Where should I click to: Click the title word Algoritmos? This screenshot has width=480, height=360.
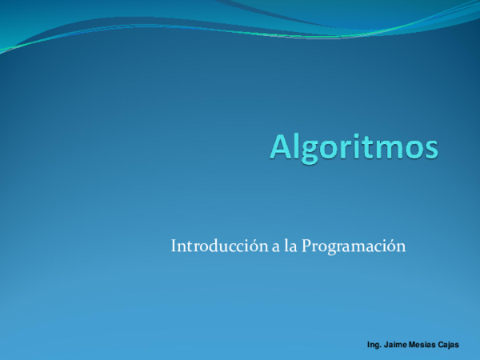tap(354, 147)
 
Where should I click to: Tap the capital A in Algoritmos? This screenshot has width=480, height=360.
tap(282, 147)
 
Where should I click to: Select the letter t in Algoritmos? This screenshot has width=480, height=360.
tap(370, 148)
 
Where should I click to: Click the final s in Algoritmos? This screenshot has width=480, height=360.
tap(430, 150)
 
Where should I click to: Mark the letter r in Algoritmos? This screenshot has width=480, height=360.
tap(346, 150)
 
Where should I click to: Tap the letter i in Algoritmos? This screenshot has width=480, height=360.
tap(358, 147)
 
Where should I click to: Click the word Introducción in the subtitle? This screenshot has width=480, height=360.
tap(218, 246)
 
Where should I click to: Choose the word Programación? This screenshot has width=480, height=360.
tap(354, 247)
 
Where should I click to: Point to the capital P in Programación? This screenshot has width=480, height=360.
tap(306, 246)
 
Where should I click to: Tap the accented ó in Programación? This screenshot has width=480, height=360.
tap(392, 246)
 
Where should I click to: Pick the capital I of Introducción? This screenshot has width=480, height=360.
tap(174, 246)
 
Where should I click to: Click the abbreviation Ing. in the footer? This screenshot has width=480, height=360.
tap(374, 345)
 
